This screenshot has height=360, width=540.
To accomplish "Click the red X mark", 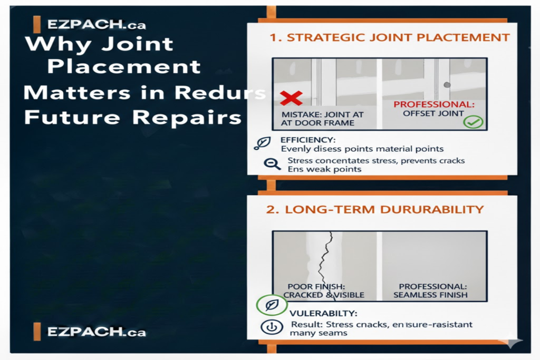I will (291, 98).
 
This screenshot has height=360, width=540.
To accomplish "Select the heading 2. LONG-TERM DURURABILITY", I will (374, 209).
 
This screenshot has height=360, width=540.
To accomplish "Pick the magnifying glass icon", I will (273, 164).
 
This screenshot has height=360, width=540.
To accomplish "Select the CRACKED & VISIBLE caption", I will (324, 295).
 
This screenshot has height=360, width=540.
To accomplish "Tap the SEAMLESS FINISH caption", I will (430, 295).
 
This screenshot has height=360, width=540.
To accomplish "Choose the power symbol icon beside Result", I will (272, 327).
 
